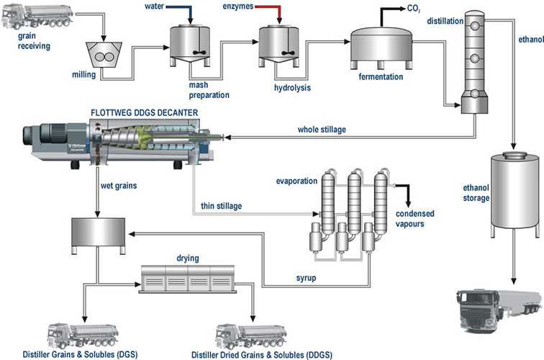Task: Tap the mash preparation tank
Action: point(189,42)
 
